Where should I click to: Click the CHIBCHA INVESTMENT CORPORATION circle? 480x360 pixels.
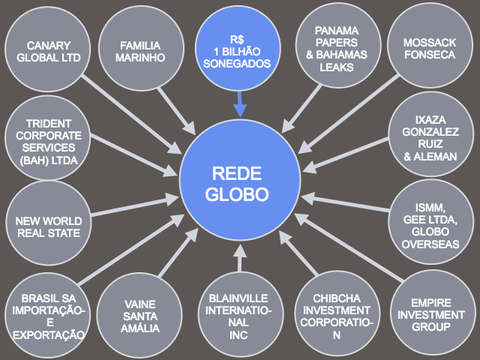coord(336,315)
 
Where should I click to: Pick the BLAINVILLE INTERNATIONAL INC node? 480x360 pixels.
coord(238,315)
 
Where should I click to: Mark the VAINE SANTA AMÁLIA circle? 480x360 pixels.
coord(140,315)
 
